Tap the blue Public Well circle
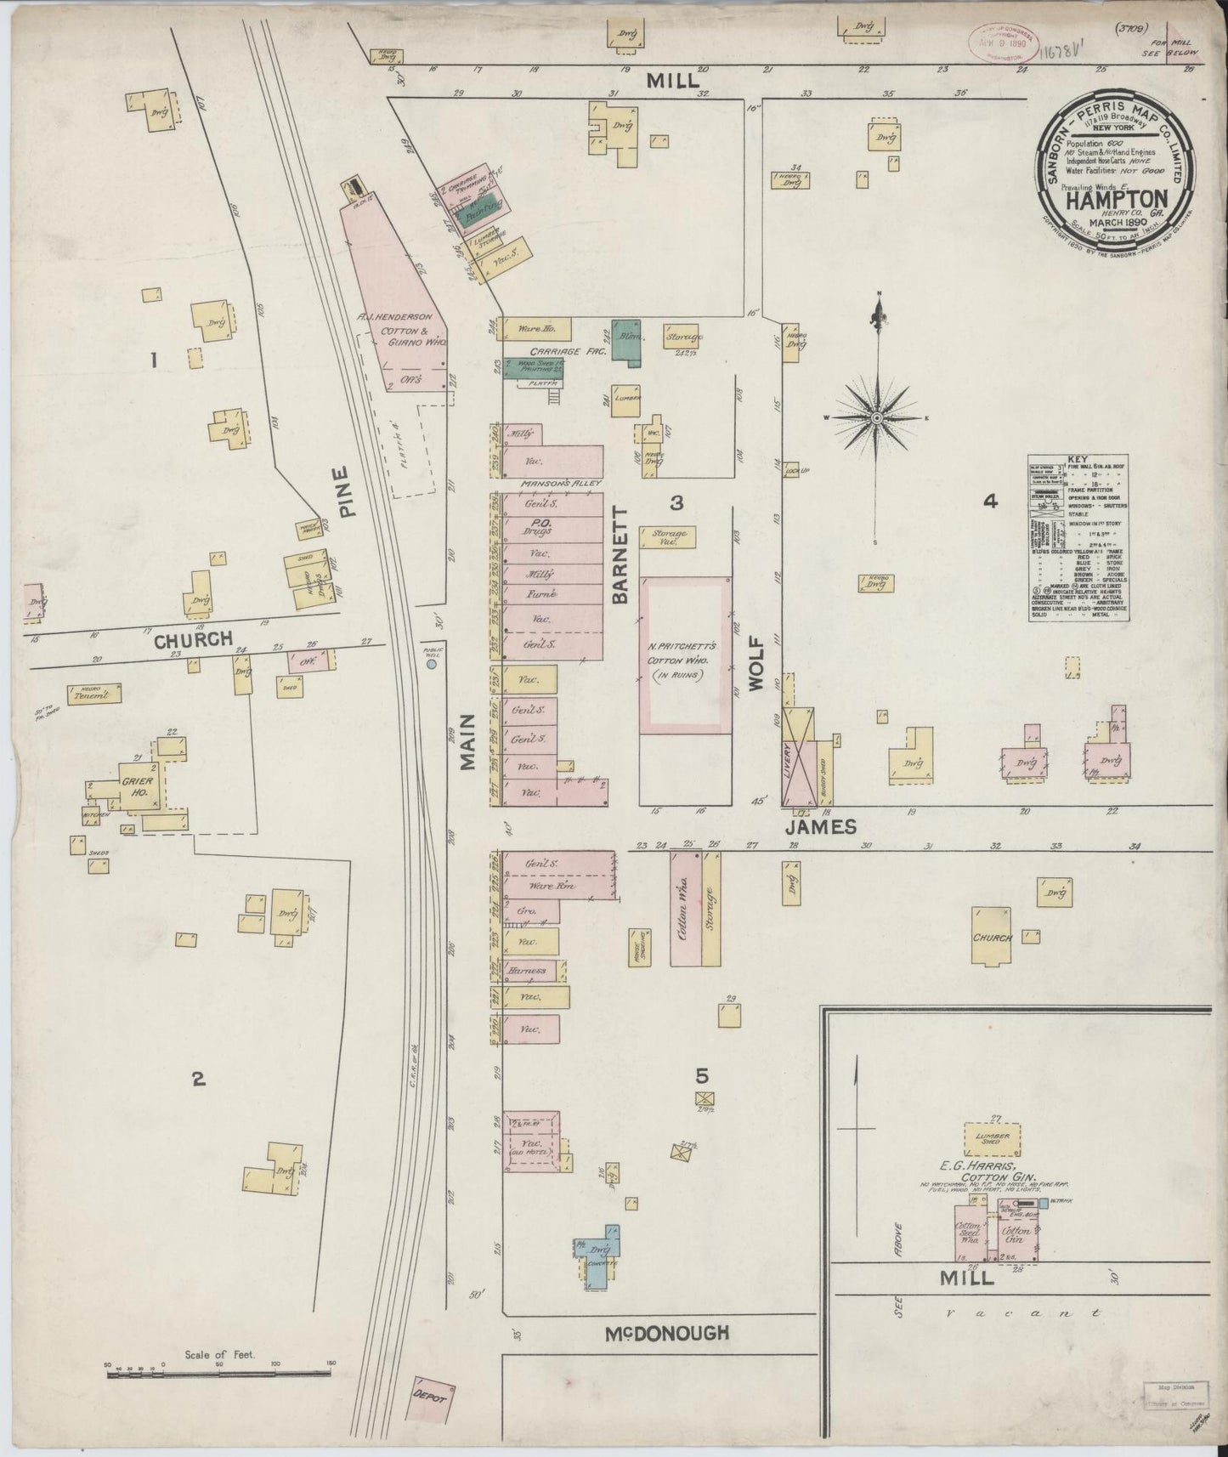(x=432, y=665)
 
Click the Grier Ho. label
(x=135, y=786)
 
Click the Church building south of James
(x=992, y=937)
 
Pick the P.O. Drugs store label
(x=538, y=526)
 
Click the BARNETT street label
(x=620, y=555)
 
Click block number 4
(x=989, y=502)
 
